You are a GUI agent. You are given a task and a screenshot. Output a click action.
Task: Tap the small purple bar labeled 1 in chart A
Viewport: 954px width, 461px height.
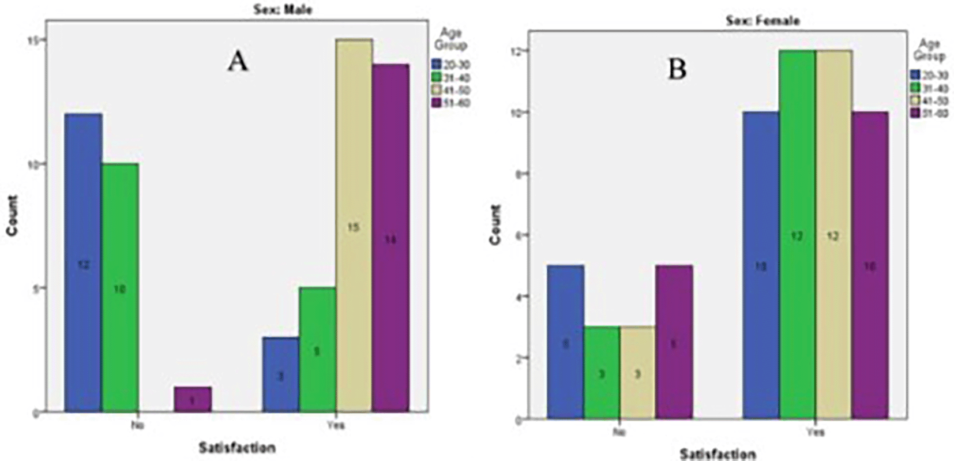193,399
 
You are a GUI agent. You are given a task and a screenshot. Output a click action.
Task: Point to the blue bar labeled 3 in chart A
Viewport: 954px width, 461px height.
280,374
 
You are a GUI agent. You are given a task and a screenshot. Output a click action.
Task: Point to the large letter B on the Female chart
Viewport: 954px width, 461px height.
677,70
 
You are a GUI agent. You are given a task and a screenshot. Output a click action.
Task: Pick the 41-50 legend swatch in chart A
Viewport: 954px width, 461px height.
436,91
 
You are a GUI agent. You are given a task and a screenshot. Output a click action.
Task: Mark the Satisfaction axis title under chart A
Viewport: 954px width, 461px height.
237,447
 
